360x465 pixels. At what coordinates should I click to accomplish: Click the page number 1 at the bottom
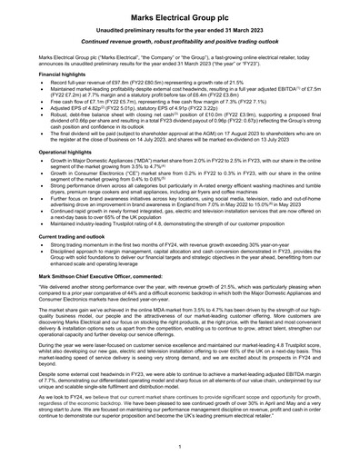click(180, 448)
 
